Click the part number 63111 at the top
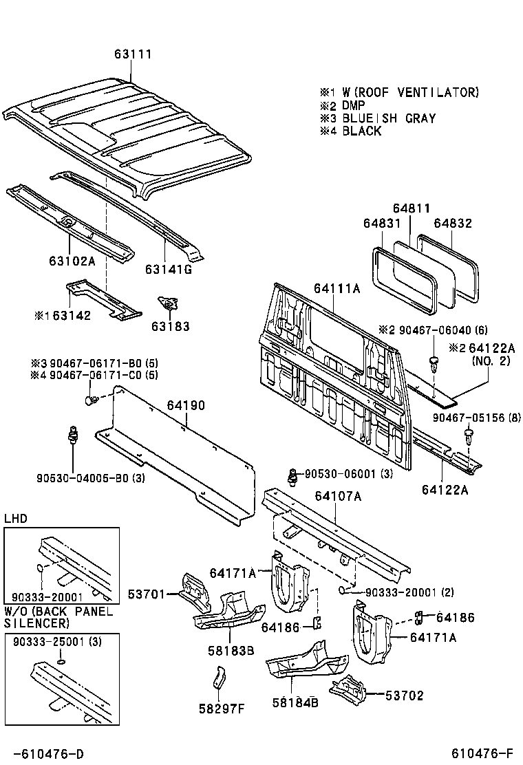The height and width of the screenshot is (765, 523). (133, 54)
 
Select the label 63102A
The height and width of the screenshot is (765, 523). (72, 261)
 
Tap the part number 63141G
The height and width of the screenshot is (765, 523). (168, 268)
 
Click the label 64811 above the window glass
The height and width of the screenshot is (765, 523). (412, 208)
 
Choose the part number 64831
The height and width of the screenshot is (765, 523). (382, 224)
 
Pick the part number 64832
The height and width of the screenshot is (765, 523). (453, 224)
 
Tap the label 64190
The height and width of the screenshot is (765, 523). (186, 406)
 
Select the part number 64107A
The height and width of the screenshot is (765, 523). (338, 495)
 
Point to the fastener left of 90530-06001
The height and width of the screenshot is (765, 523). (294, 475)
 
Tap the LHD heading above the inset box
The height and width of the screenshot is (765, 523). (16, 518)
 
